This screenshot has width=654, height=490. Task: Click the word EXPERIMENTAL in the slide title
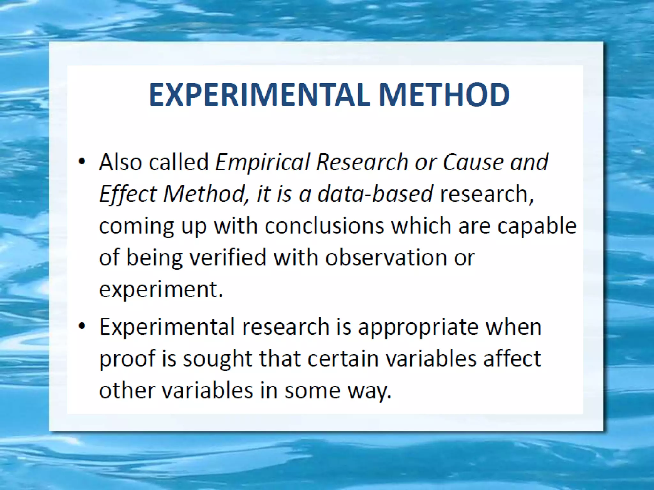(259, 95)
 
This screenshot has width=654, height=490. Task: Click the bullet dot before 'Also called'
(82, 161)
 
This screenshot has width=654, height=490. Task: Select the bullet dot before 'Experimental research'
(82, 326)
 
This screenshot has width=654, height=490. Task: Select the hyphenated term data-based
(375, 194)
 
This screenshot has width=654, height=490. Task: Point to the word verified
(228, 257)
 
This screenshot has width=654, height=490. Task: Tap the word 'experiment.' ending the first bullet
(161, 290)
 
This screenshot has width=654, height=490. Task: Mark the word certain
(343, 359)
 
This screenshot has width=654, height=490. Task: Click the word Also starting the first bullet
(121, 162)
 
